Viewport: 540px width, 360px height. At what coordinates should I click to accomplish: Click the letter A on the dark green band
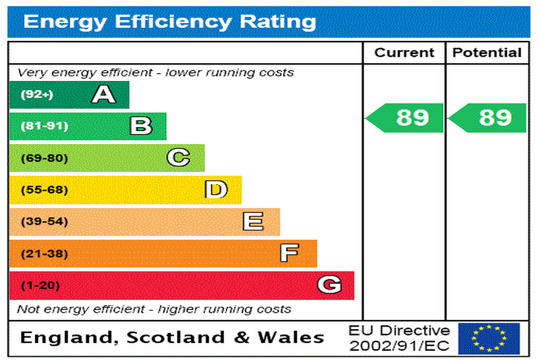tap(103, 95)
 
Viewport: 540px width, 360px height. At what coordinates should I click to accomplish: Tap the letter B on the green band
tap(141, 126)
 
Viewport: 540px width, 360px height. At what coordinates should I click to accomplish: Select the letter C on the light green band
tap(178, 158)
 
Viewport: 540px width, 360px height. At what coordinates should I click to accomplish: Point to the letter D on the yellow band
tap(216, 190)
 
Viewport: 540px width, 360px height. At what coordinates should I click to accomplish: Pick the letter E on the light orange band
tap(253, 222)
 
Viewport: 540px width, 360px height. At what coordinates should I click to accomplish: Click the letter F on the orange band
tap(289, 253)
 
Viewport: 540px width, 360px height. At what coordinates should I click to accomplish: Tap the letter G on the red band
tap(329, 285)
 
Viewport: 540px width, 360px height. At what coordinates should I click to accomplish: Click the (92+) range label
tap(36, 95)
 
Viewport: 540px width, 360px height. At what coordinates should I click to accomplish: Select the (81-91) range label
tap(44, 126)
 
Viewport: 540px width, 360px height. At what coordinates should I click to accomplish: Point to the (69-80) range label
tap(44, 158)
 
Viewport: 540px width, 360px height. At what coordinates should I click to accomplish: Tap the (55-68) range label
tap(44, 190)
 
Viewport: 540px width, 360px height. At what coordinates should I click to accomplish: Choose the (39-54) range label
tap(44, 222)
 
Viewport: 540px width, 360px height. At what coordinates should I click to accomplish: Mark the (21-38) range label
tap(44, 253)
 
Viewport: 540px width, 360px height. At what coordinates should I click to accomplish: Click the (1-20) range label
tap(41, 286)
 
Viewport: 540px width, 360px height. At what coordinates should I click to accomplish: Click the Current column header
tap(404, 53)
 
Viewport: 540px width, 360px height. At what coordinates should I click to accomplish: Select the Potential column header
tap(487, 53)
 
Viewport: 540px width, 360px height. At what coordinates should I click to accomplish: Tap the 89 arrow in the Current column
tap(405, 118)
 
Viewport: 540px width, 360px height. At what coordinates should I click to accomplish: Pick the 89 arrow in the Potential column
tap(488, 118)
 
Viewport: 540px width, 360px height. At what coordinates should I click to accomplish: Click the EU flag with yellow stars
tap(489, 338)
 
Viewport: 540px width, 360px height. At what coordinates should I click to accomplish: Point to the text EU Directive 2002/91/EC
tap(399, 338)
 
